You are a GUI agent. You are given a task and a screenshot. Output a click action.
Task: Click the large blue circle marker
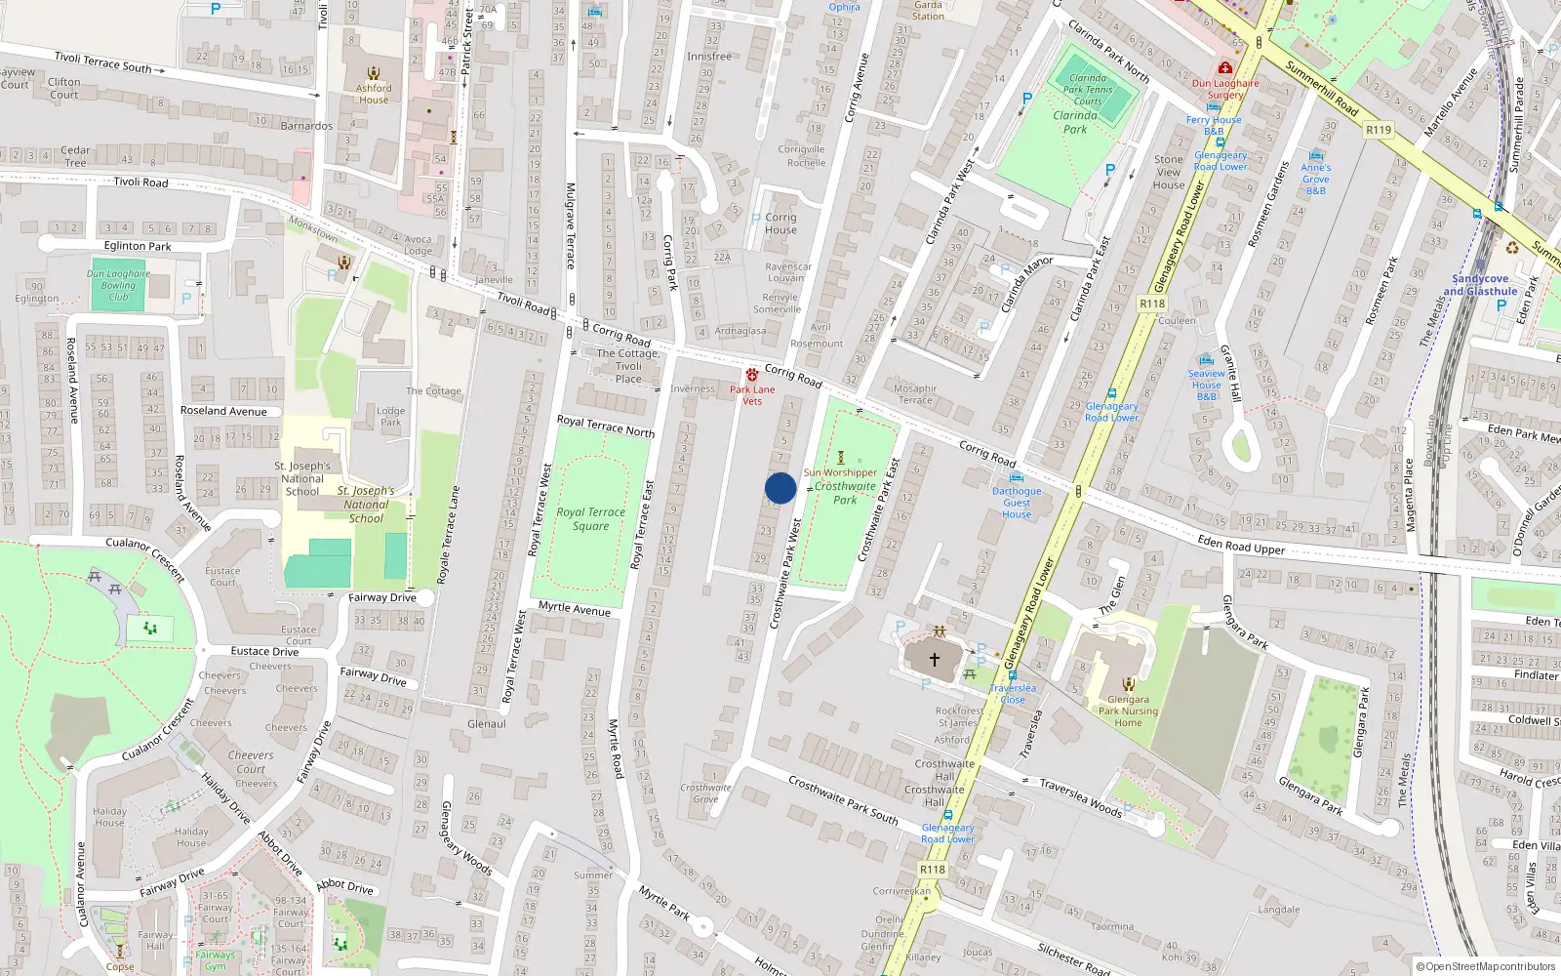(x=780, y=488)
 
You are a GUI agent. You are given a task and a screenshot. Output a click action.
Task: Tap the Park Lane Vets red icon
(x=752, y=375)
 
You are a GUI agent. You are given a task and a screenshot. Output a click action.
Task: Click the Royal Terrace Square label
(x=590, y=518)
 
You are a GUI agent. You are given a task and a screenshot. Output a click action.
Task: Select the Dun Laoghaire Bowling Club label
(x=118, y=285)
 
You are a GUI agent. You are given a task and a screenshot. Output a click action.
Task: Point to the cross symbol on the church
(x=934, y=660)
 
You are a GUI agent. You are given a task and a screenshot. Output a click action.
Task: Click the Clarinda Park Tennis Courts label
(x=1088, y=90)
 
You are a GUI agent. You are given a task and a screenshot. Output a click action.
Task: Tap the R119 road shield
(x=1379, y=129)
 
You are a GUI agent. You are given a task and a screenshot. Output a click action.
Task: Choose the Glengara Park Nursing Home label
(x=1128, y=711)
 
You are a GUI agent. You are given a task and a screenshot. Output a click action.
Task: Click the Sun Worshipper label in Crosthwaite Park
(x=840, y=472)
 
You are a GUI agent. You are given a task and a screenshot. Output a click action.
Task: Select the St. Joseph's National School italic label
(x=366, y=505)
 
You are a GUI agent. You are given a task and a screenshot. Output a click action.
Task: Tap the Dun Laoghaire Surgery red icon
(x=1224, y=68)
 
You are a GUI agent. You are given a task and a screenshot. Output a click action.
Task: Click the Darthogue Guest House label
(x=1017, y=503)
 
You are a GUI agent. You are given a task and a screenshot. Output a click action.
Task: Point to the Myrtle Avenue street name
(x=575, y=608)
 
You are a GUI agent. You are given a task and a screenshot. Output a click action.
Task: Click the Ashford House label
(x=374, y=94)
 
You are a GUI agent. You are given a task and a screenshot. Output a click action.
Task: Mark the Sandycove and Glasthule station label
(x=1480, y=285)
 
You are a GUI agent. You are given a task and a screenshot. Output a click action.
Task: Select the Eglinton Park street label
(x=138, y=246)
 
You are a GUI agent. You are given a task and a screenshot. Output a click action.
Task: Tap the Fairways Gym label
(x=215, y=960)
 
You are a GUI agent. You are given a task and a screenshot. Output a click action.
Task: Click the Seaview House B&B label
(x=1207, y=385)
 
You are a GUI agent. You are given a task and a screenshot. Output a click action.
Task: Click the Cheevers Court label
(x=251, y=761)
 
